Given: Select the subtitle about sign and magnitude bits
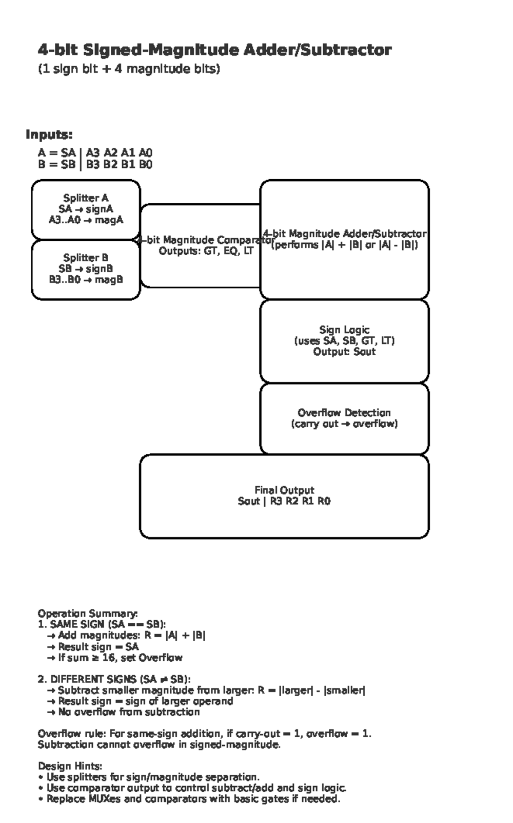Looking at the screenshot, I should click(x=129, y=69).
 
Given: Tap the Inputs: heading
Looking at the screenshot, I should click(x=49, y=134).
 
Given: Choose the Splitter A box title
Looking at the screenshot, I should click(x=86, y=198).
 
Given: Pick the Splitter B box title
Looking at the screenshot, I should click(x=86, y=258).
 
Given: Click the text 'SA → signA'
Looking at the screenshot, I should click(x=86, y=209).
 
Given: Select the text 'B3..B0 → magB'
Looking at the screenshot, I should click(x=86, y=280).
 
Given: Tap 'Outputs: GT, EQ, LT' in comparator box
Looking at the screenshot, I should click(x=206, y=251).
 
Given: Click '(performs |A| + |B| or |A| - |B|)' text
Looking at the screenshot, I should click(x=345, y=245).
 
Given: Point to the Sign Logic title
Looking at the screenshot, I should click(x=344, y=330).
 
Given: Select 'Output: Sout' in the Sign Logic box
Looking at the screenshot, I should click(x=344, y=352).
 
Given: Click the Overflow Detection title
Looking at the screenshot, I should click(x=344, y=413).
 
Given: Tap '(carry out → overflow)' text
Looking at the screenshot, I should click(x=344, y=424).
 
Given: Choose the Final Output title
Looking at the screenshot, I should click(x=284, y=490).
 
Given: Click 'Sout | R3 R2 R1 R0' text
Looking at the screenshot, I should click(x=284, y=501).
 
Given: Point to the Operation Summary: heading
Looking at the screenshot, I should click(x=88, y=613).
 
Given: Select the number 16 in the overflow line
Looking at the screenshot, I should click(x=109, y=657).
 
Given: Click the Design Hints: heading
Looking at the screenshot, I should click(x=70, y=766).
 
